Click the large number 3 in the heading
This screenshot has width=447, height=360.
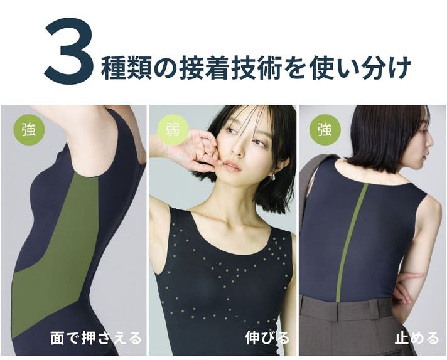pos(69,51)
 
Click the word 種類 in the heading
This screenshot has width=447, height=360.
pos(126,68)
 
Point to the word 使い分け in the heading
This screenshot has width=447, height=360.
pos(360,68)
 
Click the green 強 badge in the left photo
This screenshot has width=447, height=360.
pos(29,130)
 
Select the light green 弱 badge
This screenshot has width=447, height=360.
pos(173,130)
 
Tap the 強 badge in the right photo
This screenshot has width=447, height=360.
pos(325,130)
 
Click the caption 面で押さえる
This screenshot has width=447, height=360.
pos(96,338)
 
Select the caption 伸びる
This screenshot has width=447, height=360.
pos(267,338)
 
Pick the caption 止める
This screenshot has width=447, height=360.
pos(417,338)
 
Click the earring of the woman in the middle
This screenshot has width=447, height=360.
pos(272,177)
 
